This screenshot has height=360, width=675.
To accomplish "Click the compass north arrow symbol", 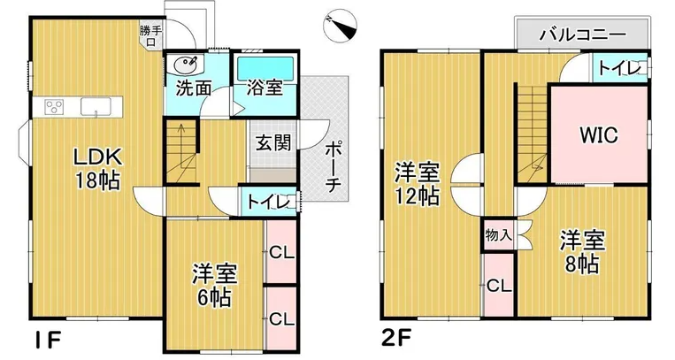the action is tap(340, 27).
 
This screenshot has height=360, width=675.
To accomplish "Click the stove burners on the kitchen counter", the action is tap(54, 107).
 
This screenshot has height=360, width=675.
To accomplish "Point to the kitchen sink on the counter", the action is tap(96, 106).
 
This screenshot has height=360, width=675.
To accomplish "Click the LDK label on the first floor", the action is tap(98, 157).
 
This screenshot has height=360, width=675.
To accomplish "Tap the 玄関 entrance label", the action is tap(273, 143).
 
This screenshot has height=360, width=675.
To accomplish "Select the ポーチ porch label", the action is tap(334, 167).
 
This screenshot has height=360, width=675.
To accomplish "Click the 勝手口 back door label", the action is tap(150, 35).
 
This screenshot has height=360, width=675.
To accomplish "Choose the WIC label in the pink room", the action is tap(599, 135).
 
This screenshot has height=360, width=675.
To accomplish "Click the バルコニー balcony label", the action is tap(583, 34).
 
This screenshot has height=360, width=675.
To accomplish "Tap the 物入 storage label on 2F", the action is tap(498, 235).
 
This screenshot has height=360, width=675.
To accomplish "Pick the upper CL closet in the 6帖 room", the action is tap(281, 253).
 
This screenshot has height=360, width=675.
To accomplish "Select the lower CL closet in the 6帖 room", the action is tap(281, 319).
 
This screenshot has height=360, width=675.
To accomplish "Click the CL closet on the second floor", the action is tap(499, 286).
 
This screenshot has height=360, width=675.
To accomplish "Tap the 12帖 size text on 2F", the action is tap(418, 197).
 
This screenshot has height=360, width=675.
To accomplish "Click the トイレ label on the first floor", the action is tap(269, 202).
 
